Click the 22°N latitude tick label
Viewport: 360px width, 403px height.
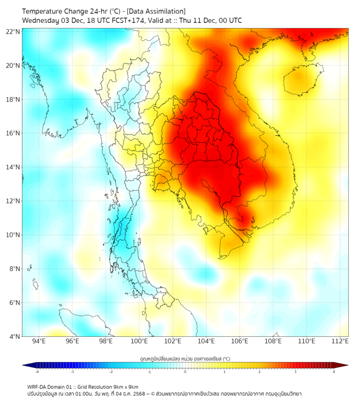point(13,31)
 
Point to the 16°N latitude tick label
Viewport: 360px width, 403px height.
point(13,133)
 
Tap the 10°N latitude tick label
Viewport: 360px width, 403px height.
point(13,235)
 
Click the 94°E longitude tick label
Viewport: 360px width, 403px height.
point(39,341)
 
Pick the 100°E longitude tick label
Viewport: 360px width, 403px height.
point(139,341)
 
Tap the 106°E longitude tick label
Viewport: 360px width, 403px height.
point(240,341)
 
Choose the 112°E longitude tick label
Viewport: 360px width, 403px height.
point(340,341)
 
